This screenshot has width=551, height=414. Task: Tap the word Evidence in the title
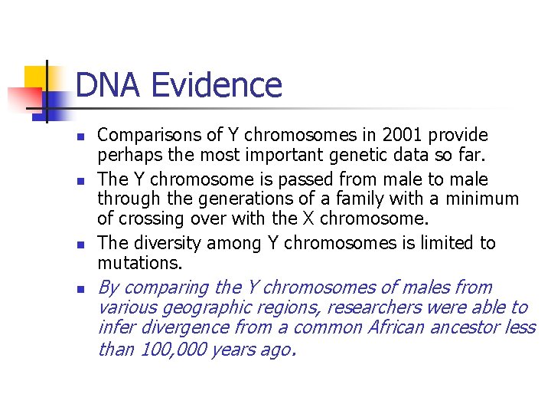pos(217,85)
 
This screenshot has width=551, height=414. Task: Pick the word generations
pos(217,200)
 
